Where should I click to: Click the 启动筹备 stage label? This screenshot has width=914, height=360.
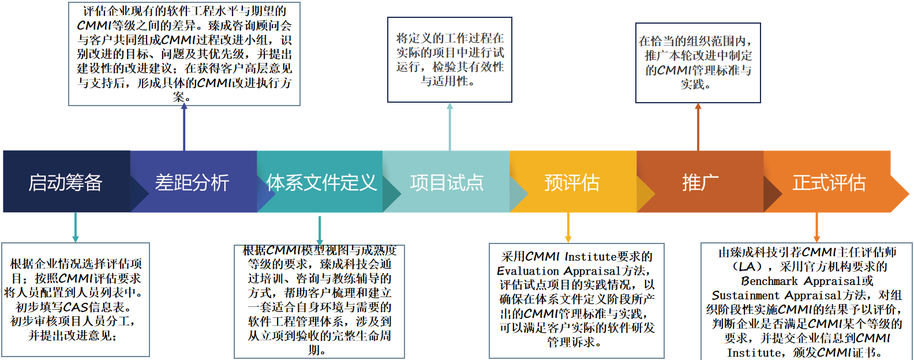click(65, 182)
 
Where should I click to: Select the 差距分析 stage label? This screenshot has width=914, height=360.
click(192, 182)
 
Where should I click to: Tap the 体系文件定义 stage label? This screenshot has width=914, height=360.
click(321, 182)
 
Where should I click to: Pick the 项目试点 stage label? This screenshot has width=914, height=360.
click(447, 182)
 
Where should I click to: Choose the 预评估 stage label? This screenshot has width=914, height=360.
click(572, 182)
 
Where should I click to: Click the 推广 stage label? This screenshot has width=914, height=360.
click(700, 182)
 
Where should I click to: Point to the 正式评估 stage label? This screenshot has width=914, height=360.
click(829, 182)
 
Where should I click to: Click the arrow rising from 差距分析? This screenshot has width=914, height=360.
click(184, 127)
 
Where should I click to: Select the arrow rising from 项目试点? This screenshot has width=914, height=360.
click(450, 127)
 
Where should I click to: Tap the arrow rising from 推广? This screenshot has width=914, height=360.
click(698, 127)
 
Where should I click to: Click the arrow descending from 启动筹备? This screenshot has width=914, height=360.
click(76, 227)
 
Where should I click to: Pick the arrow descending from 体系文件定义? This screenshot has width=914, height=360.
click(320, 231)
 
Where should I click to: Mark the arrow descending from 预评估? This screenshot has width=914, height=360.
click(568, 227)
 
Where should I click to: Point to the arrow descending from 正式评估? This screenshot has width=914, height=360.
click(816, 227)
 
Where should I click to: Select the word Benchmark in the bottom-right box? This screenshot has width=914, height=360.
click(770, 281)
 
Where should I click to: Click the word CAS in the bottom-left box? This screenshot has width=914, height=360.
click(76, 307)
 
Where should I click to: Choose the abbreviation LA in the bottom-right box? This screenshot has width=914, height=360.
click(747, 267)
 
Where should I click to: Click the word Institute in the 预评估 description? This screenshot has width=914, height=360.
click(591, 257)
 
